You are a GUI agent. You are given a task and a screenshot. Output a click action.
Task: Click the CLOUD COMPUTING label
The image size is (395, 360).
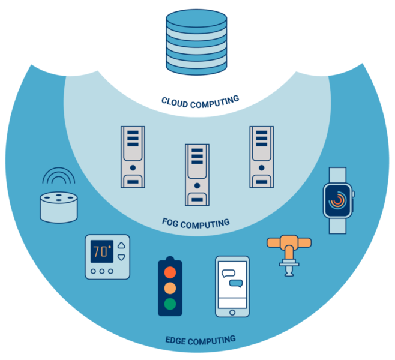tap(200, 100)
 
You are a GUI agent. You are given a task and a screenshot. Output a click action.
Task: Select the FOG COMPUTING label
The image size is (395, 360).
tap(196, 223)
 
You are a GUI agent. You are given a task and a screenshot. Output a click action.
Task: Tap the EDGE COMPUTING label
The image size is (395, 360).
tap(200, 340)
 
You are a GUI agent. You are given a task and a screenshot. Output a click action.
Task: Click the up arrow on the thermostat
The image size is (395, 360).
tap(122, 245)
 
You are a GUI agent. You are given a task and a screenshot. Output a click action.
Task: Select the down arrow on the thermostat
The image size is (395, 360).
tap(122, 257)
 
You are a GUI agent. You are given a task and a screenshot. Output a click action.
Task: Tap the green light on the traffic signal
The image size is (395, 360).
tap(170, 304)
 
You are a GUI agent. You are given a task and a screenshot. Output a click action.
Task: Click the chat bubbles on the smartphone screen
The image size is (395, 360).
tap(232, 277)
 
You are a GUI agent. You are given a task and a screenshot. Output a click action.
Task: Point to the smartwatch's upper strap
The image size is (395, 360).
tap(339, 174)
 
